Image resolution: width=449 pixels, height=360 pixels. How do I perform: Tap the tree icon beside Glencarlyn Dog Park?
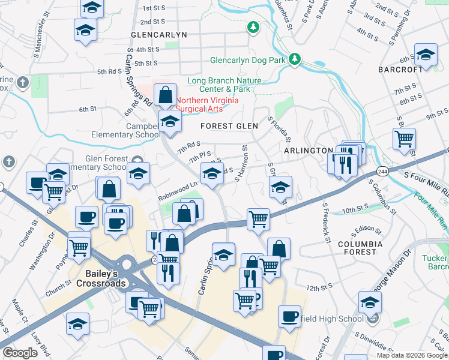[294, 59]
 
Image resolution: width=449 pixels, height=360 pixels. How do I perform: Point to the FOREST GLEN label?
[229, 126]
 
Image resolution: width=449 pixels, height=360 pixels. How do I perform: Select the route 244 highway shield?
[382, 172]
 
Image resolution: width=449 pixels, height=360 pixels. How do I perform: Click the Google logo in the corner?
[20, 352]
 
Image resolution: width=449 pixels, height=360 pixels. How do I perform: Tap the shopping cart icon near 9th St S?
[404, 139]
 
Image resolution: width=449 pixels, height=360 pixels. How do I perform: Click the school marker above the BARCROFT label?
[426, 55]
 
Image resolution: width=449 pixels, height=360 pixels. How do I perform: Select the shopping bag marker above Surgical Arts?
[164, 94]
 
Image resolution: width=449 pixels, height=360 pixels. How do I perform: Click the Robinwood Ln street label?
[178, 191]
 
